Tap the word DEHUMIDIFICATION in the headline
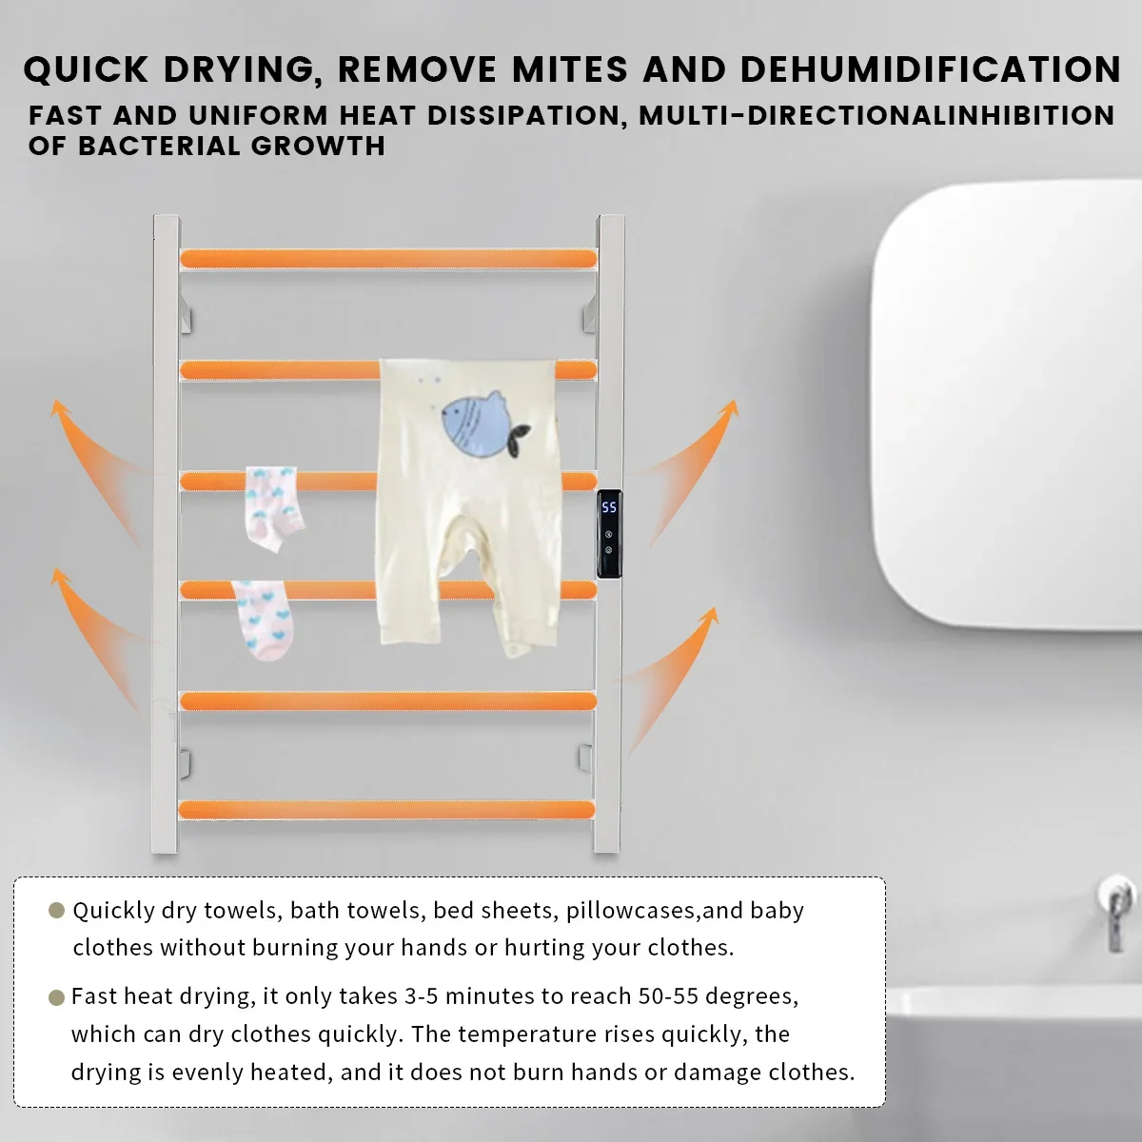click(930, 69)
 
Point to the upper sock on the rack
click(274, 507)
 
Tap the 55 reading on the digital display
click(609, 507)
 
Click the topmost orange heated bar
click(388, 258)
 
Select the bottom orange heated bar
click(386, 810)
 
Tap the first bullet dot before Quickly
click(56, 911)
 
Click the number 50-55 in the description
click(668, 996)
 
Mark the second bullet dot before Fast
click(56, 997)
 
